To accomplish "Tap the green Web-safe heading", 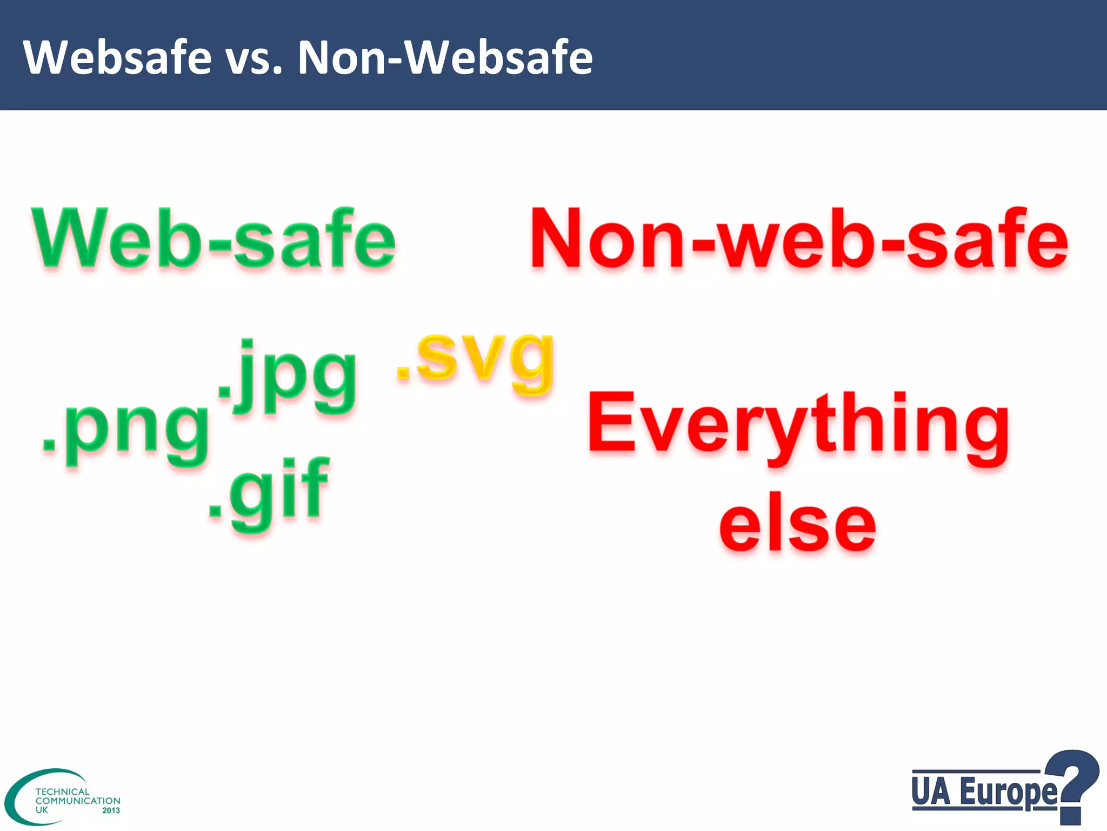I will tap(214, 239).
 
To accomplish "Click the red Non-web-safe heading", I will tap(799, 239).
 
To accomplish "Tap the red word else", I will tap(798, 524).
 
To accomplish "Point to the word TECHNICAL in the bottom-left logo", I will tap(62, 792).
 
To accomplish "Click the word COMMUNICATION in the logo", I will tap(78, 801).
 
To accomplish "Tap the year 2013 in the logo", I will tap(111, 810).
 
